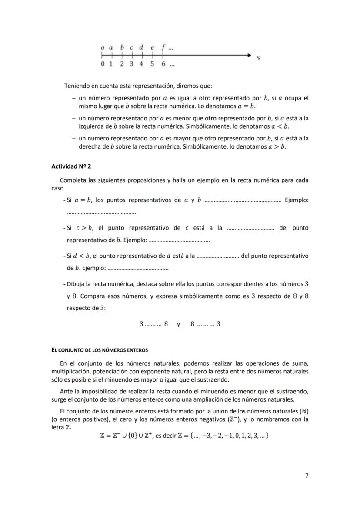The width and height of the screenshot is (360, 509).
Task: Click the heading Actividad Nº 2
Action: [x=71, y=166]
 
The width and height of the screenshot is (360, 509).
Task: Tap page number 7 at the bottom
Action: [x=307, y=476]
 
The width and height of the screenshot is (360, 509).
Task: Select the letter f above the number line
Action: [x=163, y=47]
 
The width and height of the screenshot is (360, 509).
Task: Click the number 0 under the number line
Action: [x=103, y=64]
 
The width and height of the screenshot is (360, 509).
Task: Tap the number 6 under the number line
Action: [x=163, y=64]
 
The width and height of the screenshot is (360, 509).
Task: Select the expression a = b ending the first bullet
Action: [x=246, y=106]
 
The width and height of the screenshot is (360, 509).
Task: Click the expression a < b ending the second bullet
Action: [x=279, y=126]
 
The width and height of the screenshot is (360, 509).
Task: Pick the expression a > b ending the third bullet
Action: [x=277, y=146]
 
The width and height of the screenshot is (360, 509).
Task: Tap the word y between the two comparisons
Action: [x=178, y=324]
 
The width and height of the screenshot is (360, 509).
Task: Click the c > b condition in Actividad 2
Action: [x=84, y=228]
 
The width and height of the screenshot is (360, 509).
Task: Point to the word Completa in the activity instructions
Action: [x=72, y=180]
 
